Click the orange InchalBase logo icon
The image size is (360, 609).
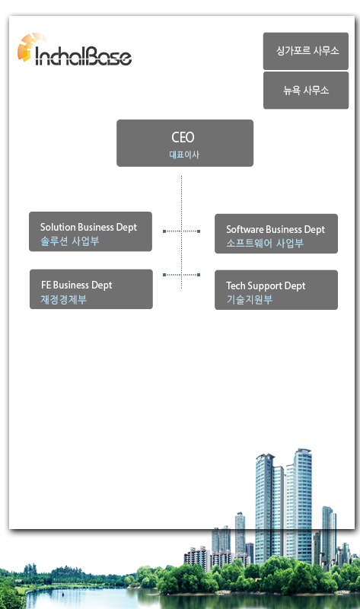[x=29, y=46]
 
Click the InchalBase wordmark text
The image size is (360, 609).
[x=84, y=56]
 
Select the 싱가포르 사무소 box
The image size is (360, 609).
[x=306, y=51]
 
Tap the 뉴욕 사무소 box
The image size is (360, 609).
[x=306, y=90]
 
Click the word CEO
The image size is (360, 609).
[x=183, y=137]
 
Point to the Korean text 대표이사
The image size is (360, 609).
[x=184, y=155]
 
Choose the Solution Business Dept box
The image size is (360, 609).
[x=91, y=231]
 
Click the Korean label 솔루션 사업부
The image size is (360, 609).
[x=70, y=241]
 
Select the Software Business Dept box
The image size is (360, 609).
[x=276, y=234]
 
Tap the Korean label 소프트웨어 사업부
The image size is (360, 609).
[x=265, y=243]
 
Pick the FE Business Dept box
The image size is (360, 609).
[x=91, y=289]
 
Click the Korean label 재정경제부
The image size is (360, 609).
[x=64, y=299]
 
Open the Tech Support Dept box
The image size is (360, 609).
[x=276, y=290]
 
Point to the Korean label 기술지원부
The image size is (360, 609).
[x=250, y=299]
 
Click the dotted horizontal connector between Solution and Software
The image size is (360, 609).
[x=181, y=231]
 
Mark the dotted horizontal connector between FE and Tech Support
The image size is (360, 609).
[x=181, y=275]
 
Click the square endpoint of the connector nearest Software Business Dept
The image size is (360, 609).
[x=199, y=231]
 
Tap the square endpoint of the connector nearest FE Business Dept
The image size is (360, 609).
[x=164, y=275]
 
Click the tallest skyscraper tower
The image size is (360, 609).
[x=302, y=505]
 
